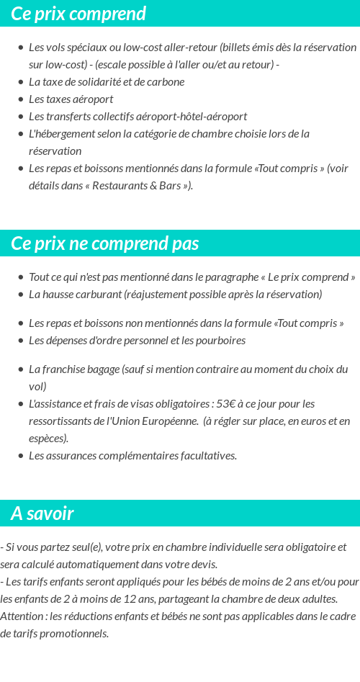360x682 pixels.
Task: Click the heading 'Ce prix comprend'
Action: click(78, 14)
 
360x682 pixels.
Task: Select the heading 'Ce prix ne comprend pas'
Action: click(104, 243)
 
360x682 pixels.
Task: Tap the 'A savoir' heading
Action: click(42, 513)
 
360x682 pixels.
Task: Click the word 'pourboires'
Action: click(220, 341)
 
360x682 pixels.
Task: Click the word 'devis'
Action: click(202, 565)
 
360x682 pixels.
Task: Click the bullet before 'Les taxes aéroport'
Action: click(20, 99)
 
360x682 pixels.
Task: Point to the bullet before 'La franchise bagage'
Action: click(20, 369)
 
